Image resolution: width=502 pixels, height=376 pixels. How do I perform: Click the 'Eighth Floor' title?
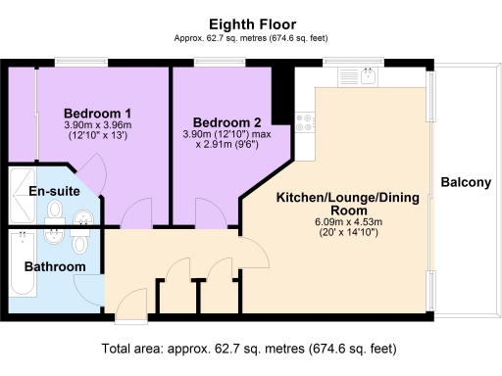click(250, 23)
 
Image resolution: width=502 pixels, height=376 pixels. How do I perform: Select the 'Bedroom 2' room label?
click(226, 122)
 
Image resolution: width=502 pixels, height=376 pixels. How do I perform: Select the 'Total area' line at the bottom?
click(250, 348)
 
